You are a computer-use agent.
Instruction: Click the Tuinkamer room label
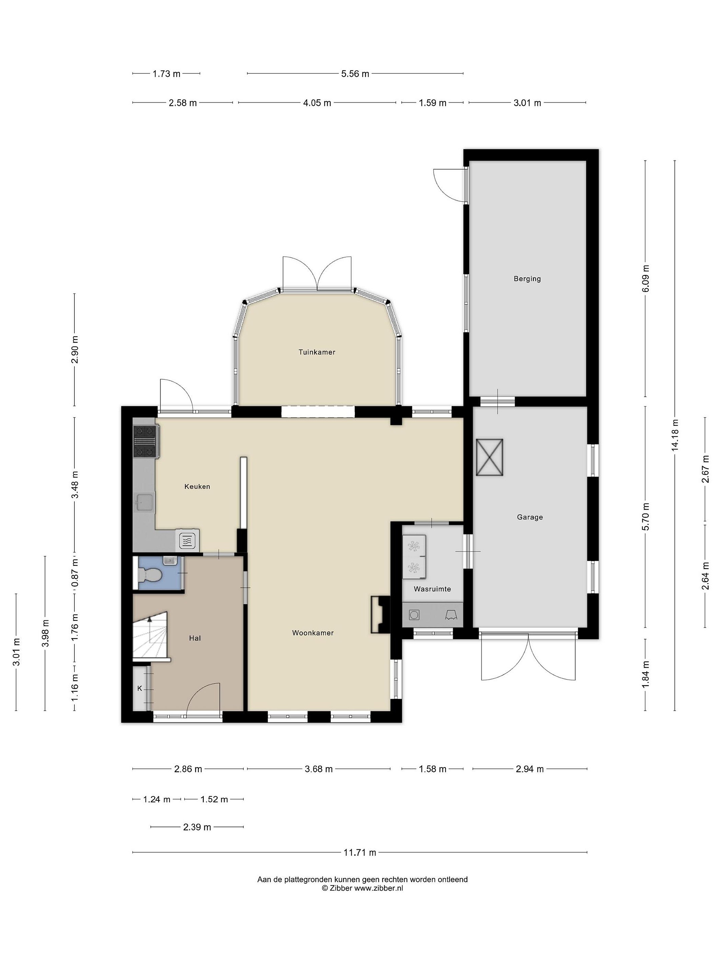tap(317, 352)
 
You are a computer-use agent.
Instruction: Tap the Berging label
tap(527, 279)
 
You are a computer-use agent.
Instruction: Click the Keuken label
tap(197, 487)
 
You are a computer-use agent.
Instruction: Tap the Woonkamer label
tap(313, 633)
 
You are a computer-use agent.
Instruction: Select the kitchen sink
tap(144, 503)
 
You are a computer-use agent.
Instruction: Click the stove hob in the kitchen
tap(145, 441)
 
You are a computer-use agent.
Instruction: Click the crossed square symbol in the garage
tap(489, 457)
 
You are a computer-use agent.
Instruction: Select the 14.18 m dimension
tap(675, 435)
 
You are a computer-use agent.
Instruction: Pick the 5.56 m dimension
tap(355, 74)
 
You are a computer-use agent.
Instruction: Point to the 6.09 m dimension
tap(645, 279)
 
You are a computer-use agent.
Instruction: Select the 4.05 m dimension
tap(317, 103)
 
